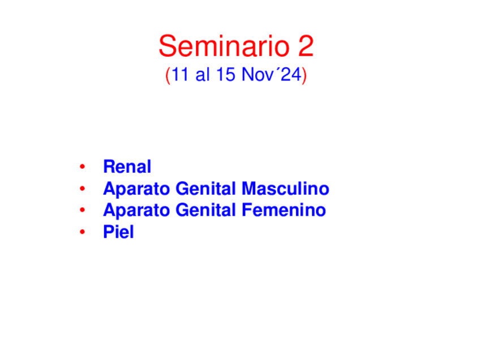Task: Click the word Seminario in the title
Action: coord(224,46)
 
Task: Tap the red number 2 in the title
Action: coord(306,46)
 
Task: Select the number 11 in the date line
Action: coord(179,74)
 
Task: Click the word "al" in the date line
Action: coord(202,74)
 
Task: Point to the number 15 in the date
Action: coord(226,74)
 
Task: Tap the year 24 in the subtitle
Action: coord(291,74)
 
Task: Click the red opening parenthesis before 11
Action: coord(168,75)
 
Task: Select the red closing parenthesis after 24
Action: coord(304,75)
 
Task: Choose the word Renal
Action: coord(127,166)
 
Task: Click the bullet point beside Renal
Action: coord(82,166)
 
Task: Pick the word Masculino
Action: coord(286,188)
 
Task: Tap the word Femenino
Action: coord(284,210)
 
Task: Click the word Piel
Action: coord(119,232)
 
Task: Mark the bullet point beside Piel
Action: coord(82,232)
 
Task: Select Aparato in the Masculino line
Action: coord(136,189)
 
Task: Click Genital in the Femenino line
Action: coord(205,210)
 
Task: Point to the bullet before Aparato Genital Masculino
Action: coord(82,188)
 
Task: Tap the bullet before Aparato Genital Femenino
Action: coord(82,210)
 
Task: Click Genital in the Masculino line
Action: coord(205,188)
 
